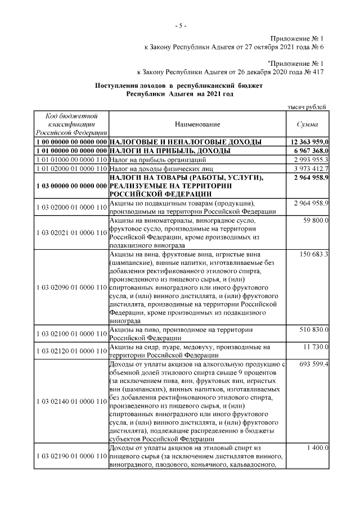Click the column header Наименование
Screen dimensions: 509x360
pos(196,124)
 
